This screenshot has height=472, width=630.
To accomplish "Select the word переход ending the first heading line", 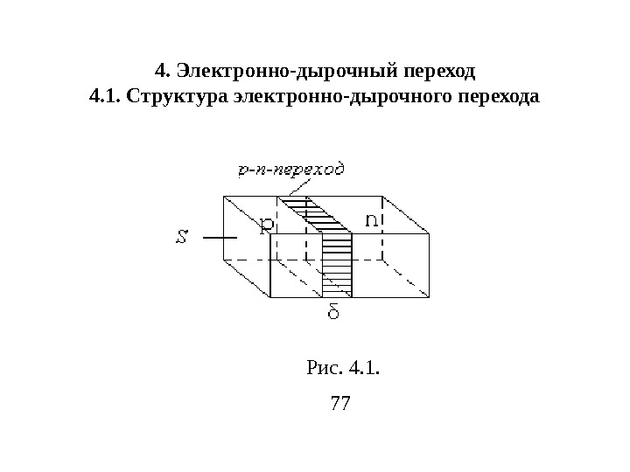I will (444, 67).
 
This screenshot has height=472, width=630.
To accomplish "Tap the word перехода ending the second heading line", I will (498, 95).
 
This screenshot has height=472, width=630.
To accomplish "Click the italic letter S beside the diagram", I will (182, 236).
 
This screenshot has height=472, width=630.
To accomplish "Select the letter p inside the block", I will (267, 225).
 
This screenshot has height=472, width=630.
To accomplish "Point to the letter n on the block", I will (372, 221).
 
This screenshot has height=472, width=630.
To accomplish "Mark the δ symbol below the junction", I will (334, 312).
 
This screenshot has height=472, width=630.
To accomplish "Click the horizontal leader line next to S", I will (219, 236).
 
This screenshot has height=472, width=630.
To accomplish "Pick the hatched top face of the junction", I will (314, 215).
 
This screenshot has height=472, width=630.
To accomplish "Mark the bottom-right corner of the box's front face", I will (429, 297).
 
